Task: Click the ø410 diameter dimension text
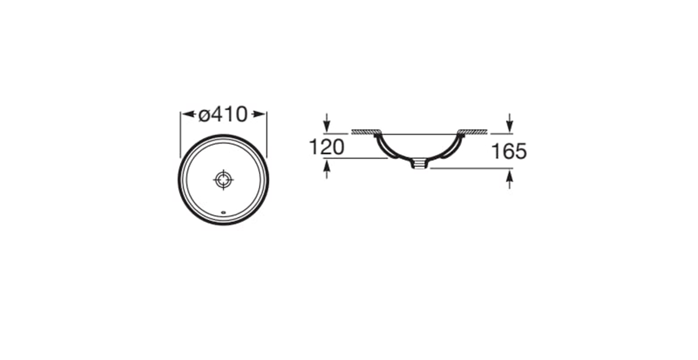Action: click(x=223, y=114)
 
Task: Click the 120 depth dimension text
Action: click(x=327, y=147)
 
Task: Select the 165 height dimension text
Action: click(x=509, y=151)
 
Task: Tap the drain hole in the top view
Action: click(x=224, y=180)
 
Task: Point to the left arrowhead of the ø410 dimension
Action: click(x=189, y=114)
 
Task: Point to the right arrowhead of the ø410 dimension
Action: click(x=259, y=114)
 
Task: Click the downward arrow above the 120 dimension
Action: click(x=327, y=123)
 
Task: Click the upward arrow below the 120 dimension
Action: click(x=327, y=170)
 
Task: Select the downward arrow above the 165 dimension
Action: click(x=509, y=123)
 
